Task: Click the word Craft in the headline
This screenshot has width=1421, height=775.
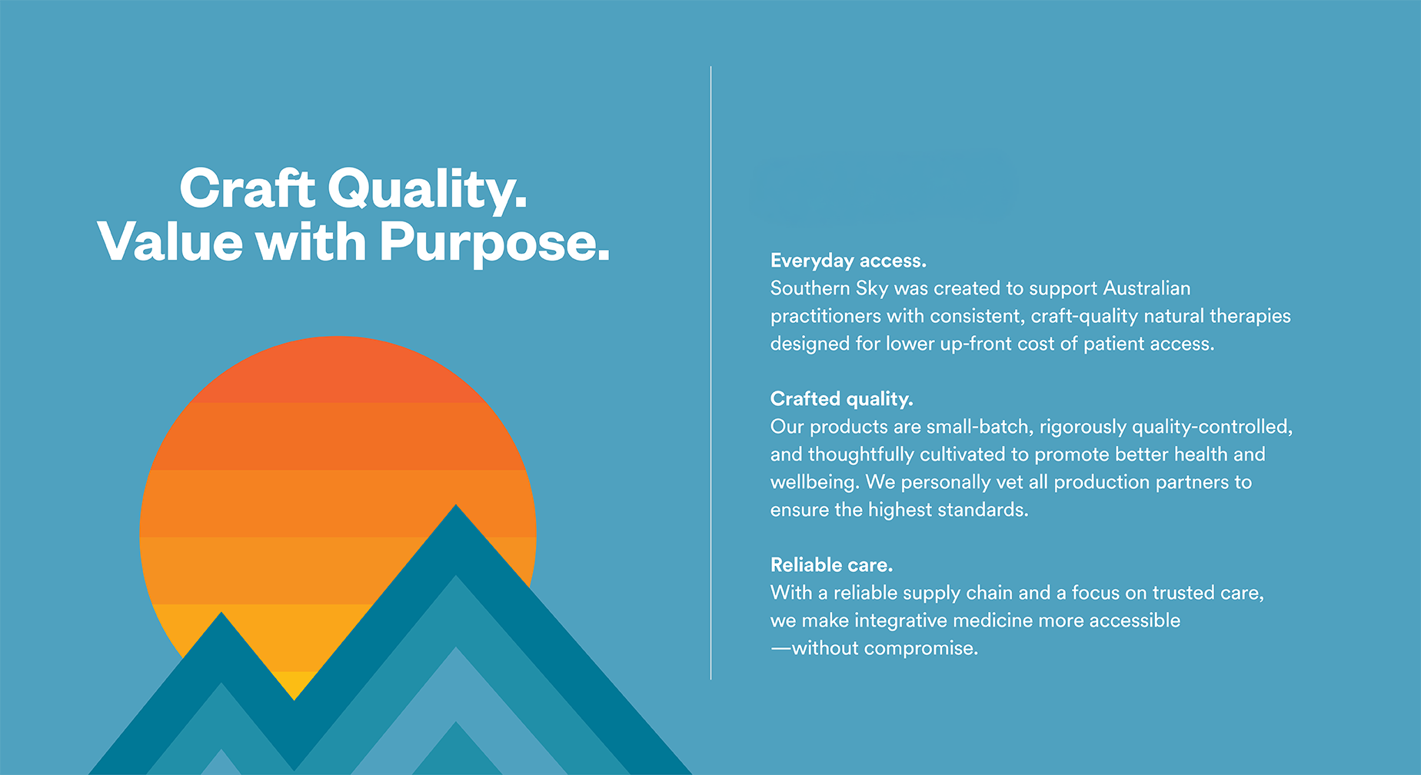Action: [247, 188]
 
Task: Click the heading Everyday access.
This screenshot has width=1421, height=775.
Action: [848, 261]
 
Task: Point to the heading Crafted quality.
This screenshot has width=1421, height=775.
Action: [841, 399]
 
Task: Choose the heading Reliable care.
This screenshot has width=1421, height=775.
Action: [831, 565]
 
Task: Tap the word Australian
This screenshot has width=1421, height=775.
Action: [1146, 288]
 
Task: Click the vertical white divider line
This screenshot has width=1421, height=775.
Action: [710, 373]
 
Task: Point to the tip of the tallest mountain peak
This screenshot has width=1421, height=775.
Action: [456, 505]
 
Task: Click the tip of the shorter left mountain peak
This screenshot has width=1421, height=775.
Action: [221, 613]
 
